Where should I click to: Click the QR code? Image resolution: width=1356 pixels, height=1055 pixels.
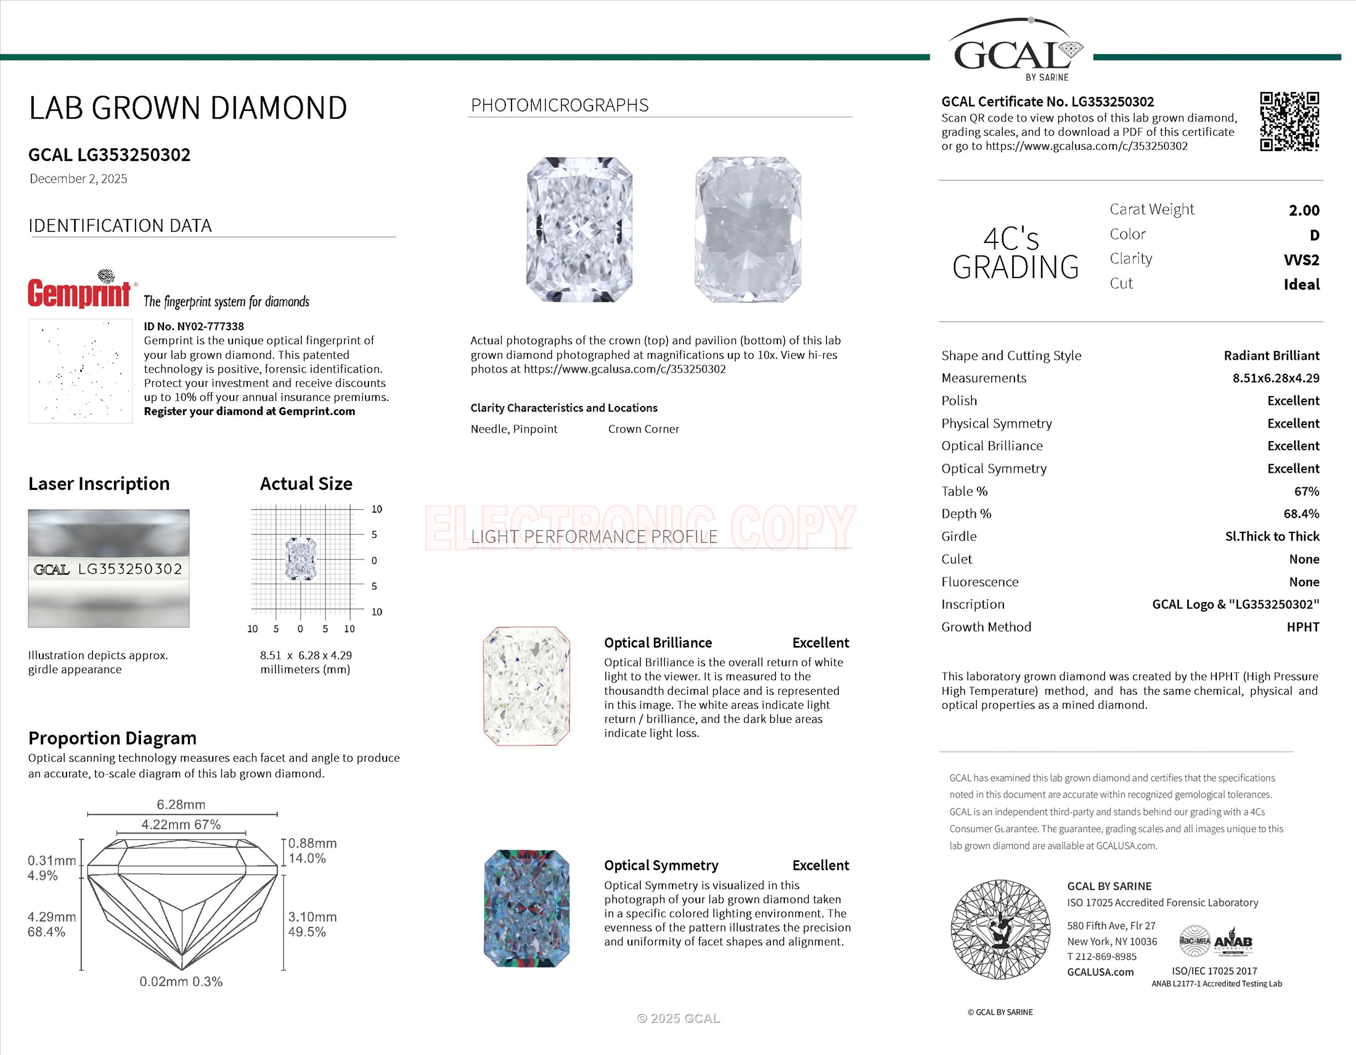[1289, 121]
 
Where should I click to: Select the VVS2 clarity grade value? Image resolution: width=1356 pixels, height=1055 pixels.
[1301, 260]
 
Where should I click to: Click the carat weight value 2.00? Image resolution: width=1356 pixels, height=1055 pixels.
[1304, 210]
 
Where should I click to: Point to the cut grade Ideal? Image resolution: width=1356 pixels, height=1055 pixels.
[1301, 284]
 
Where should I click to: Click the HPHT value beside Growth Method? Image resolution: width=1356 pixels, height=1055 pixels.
[1302, 627]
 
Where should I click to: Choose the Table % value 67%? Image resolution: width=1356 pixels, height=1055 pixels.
[1306, 492]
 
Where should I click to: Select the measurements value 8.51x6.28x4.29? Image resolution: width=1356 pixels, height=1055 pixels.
[1275, 378]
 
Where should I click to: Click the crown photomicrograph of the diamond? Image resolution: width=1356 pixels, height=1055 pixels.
[579, 230]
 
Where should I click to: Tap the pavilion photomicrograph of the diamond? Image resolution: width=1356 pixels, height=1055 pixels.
[748, 230]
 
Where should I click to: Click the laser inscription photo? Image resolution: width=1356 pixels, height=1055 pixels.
[108, 568]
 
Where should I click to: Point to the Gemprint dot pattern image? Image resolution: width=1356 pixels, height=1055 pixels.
[80, 371]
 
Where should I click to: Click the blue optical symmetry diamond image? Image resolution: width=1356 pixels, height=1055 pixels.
[526, 908]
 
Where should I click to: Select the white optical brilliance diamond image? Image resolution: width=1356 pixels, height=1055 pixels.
[526, 686]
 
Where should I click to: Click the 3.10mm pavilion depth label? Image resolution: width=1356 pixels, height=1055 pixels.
[312, 917]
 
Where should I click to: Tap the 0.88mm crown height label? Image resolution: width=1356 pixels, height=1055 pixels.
[312, 843]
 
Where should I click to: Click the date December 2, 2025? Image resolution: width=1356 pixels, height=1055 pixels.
[78, 179]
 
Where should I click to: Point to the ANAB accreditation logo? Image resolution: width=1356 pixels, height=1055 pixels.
[1233, 943]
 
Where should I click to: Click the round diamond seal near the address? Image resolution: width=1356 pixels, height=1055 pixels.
[1000, 930]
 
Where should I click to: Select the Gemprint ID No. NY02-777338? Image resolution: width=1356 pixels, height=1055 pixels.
[194, 326]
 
